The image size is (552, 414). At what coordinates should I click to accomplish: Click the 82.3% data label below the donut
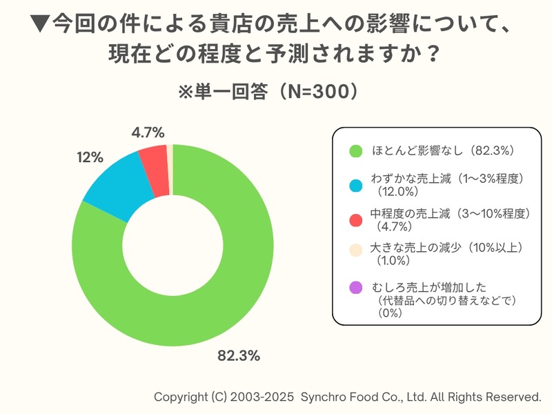(239, 356)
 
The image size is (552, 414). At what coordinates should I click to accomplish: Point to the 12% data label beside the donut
(90, 158)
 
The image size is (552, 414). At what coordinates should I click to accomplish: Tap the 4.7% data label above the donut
(147, 132)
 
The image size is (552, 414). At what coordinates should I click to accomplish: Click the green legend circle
(356, 150)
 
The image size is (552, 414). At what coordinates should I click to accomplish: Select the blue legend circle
(356, 185)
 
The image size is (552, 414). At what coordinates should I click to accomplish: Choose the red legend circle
(356, 219)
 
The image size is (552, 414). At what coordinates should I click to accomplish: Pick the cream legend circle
(356, 250)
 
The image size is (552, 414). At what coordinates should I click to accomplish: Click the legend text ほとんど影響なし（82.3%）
(442, 150)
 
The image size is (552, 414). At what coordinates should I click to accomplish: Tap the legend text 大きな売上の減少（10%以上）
(445, 247)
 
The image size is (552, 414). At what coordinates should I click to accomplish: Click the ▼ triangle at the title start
(41, 26)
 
